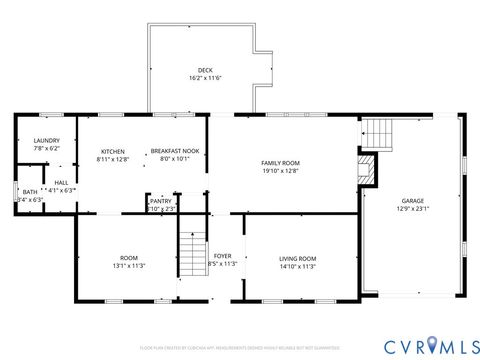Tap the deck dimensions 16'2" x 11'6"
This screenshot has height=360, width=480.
coord(204,78)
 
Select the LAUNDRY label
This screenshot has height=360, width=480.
coord(46,141)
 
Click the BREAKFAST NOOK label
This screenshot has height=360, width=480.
coord(175,152)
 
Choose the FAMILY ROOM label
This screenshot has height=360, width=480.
coord(280,163)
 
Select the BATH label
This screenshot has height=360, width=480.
coord(30,192)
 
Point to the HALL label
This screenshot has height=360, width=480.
coord(61,182)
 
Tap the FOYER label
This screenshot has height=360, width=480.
coord(223,256)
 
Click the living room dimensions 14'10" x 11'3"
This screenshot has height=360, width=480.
coord(297,267)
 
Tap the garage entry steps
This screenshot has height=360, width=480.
coord(377,132)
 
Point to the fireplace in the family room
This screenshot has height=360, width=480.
coord(367,167)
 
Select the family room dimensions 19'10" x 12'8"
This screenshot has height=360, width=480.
coord(280,171)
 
